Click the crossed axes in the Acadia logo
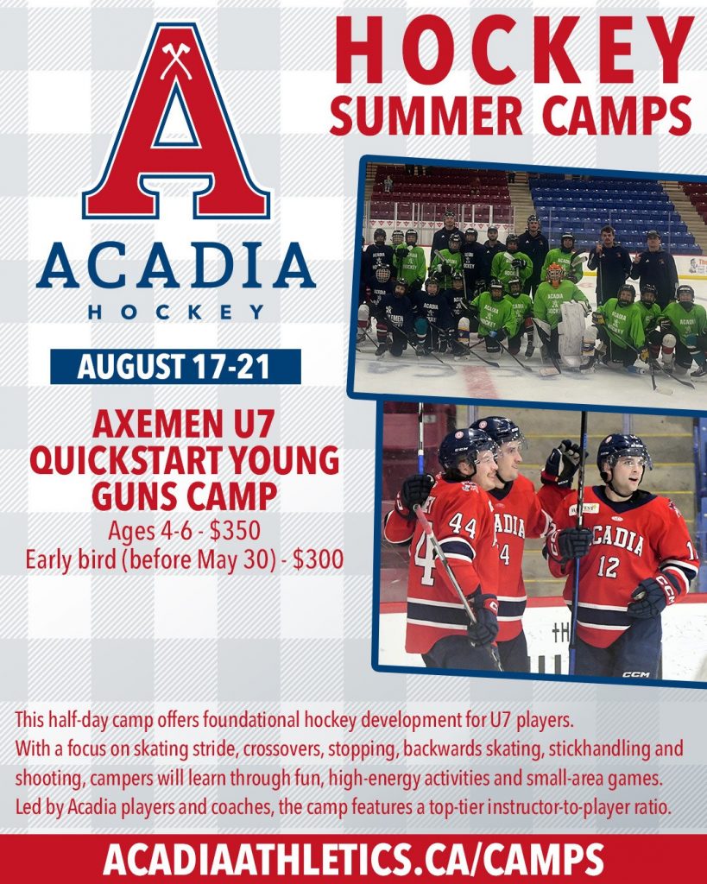176,61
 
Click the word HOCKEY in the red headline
514,51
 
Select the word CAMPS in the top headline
617,117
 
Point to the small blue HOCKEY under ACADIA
176,313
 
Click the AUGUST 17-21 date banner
175,366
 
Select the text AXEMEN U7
184,425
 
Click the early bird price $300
318,559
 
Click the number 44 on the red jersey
463,526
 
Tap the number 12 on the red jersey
609,566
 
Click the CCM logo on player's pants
636,674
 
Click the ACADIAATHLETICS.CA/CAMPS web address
354,860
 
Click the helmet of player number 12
622,451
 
